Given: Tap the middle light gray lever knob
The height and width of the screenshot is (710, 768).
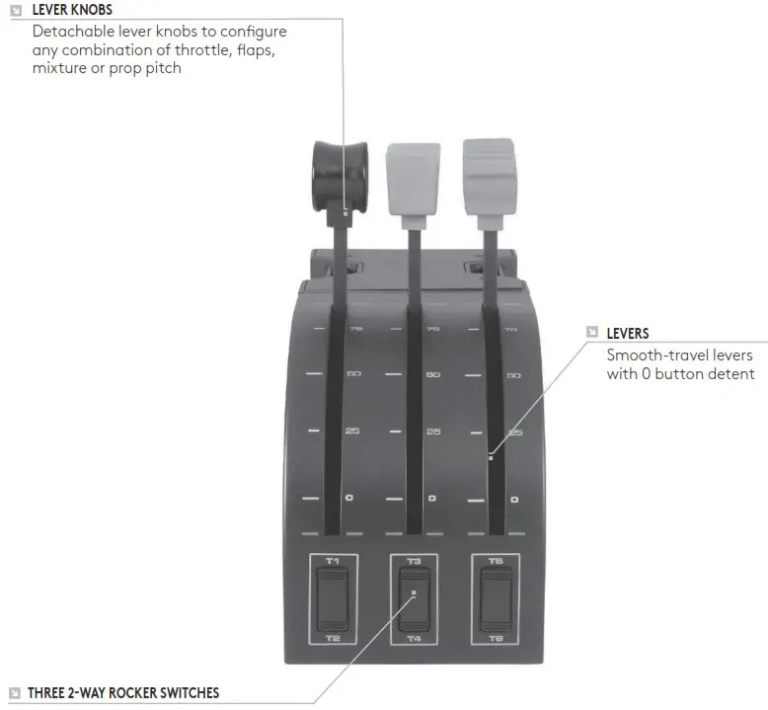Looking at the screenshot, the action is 413,175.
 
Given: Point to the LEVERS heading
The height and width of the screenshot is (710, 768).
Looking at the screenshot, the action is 628,334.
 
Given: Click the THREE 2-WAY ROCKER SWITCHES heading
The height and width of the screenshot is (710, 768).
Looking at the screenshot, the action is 123,693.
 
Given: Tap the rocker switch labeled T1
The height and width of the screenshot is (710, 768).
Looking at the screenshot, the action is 332,599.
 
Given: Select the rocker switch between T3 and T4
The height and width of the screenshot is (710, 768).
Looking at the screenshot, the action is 414,599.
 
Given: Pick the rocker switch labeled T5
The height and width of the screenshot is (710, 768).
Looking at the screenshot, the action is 496,599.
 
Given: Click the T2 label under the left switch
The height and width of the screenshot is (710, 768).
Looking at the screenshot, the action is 332,639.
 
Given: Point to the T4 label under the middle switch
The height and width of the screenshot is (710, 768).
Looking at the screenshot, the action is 414,639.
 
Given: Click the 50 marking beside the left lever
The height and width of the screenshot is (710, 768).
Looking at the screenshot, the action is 352,374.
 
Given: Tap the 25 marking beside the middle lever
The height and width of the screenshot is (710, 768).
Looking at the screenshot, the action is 432,432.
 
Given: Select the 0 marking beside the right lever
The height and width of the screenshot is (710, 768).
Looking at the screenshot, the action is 514,500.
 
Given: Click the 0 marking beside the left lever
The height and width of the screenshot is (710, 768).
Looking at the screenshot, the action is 349,498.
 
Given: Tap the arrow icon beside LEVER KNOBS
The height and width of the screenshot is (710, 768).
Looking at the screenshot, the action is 15,10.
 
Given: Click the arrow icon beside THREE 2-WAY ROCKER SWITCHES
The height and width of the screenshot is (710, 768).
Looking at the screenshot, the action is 15,693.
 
